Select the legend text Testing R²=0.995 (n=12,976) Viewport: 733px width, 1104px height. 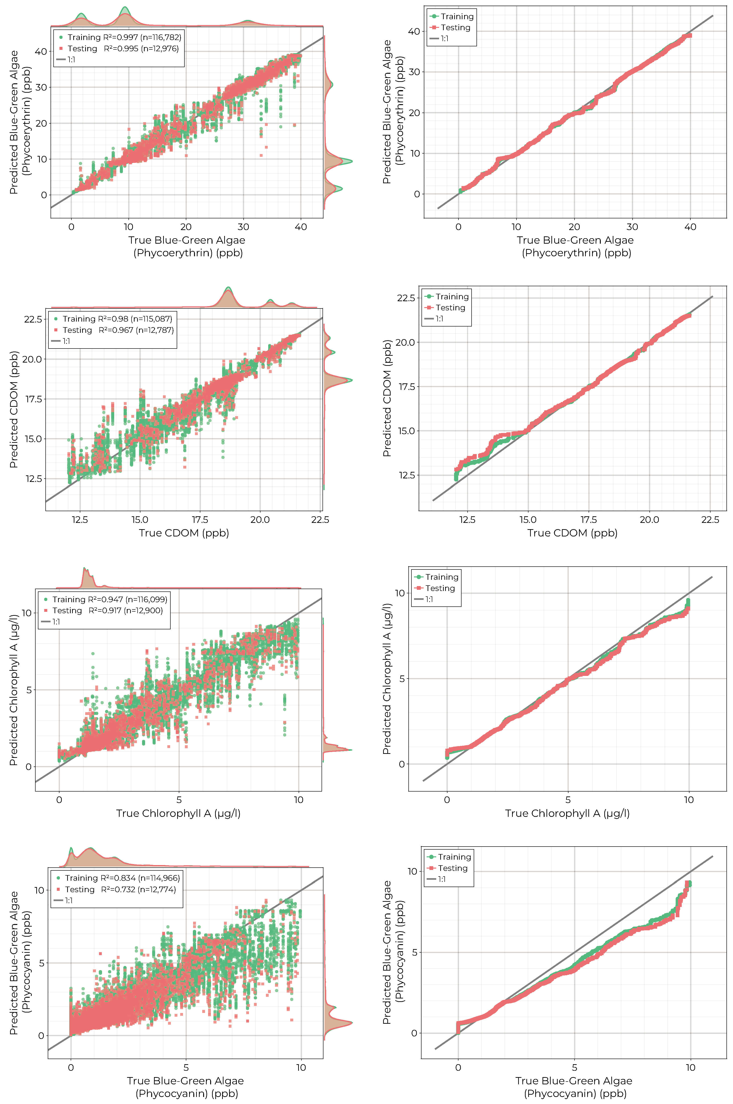tap(123, 49)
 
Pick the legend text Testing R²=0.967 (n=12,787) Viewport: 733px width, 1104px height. tap(118, 330)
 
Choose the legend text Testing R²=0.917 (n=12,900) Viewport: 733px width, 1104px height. tap(107, 610)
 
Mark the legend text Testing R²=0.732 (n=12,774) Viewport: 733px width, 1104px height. tap(120, 889)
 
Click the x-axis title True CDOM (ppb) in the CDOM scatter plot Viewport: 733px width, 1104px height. tap(184, 533)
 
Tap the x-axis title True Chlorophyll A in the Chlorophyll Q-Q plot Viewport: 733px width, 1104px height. tap(567, 813)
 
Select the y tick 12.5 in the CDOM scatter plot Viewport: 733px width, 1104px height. tap(33, 479)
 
